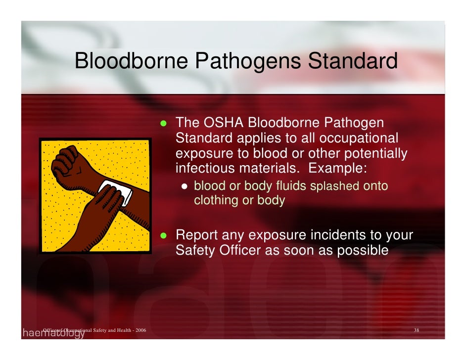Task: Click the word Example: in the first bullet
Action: click(338, 168)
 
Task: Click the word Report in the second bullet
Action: click(196, 235)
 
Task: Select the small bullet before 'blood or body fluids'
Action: click(184, 187)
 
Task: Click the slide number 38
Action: click(416, 330)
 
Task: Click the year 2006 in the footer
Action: click(140, 330)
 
